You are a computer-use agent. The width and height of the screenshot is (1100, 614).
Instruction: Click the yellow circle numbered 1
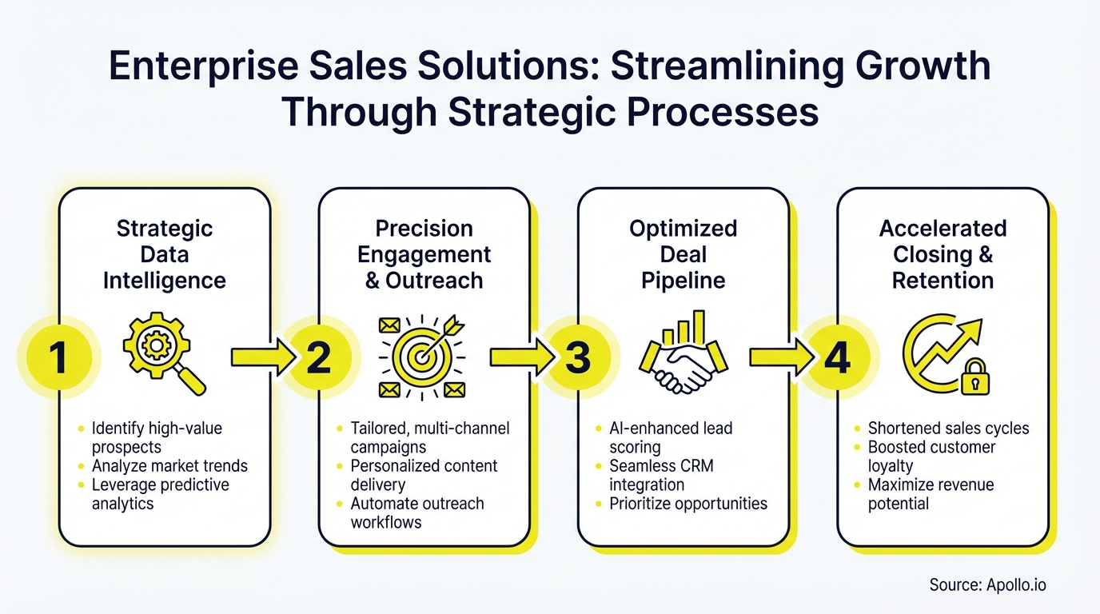point(58,358)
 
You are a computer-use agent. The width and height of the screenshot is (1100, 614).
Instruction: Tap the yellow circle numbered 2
point(318,358)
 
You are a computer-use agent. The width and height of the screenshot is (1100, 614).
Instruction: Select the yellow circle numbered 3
point(577,358)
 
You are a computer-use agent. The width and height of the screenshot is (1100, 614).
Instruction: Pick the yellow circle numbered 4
point(837,358)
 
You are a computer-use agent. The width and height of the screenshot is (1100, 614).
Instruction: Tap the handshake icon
point(683,357)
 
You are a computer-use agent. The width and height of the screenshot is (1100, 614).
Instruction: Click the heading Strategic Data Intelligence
point(165,254)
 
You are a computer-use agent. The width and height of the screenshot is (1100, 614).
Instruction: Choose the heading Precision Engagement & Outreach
point(424,254)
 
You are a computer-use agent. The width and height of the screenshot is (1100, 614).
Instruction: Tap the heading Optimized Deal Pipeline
point(683,254)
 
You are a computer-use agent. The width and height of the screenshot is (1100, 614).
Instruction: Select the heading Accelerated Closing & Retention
point(943,254)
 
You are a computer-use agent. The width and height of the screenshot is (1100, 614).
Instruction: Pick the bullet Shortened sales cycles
point(948,428)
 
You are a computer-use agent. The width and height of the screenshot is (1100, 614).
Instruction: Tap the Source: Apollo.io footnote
point(987,584)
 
